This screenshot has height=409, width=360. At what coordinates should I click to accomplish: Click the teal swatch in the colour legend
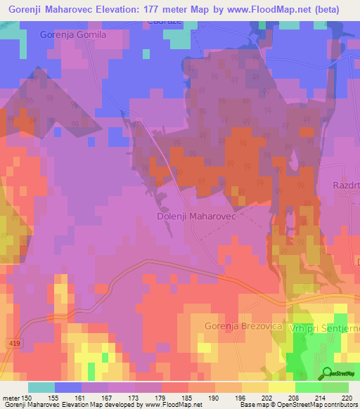click(41, 387)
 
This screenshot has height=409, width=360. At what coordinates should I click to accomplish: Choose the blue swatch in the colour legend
click(68, 387)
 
